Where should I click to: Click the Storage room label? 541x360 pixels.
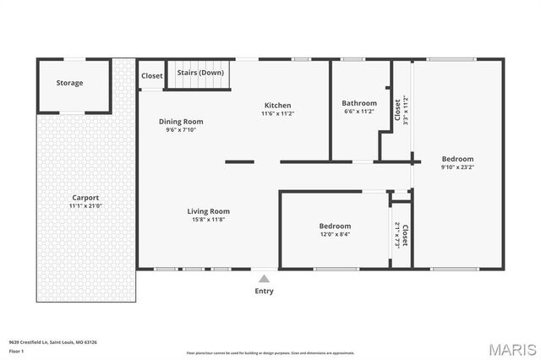pyautogui.click(x=70, y=83)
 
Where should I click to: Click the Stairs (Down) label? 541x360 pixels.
pyautogui.click(x=200, y=73)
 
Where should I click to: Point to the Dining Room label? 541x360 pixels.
pyautogui.click(x=181, y=122)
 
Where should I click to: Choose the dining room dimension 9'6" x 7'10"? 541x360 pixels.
pyautogui.click(x=181, y=129)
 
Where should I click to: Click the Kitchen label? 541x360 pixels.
pyautogui.click(x=277, y=106)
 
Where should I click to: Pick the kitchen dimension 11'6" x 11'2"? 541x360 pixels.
pyautogui.click(x=277, y=113)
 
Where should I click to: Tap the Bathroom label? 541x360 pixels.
pyautogui.click(x=359, y=103)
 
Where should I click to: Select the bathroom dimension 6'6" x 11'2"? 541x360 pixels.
pyautogui.click(x=359, y=111)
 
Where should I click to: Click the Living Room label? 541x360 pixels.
pyautogui.click(x=209, y=211)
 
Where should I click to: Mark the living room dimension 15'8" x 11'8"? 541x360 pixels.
pyautogui.click(x=209, y=219)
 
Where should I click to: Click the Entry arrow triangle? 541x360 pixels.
pyautogui.click(x=264, y=277)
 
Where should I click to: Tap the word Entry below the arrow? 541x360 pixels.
pyautogui.click(x=264, y=291)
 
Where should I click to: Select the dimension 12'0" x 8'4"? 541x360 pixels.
pyautogui.click(x=335, y=234)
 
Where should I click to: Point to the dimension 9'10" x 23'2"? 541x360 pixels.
pyautogui.click(x=457, y=167)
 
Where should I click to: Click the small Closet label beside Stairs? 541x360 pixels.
pyautogui.click(x=152, y=76)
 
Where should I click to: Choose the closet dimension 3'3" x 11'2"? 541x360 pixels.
pyautogui.click(x=406, y=111)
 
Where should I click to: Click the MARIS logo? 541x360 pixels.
pyautogui.click(x=512, y=348)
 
